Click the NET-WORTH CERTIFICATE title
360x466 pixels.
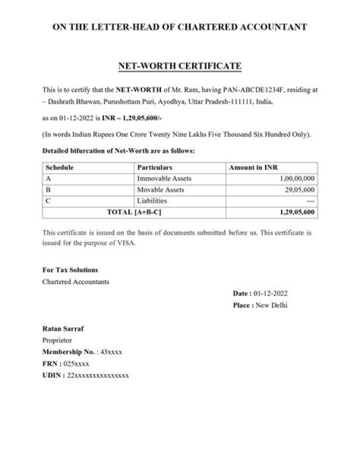179,66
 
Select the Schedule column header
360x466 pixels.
59,168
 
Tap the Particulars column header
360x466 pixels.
154,168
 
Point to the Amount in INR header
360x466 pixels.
253,168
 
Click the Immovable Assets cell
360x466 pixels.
164,179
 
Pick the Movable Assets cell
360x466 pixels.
160,190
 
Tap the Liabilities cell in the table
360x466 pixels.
152,201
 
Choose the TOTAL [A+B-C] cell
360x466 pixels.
134,212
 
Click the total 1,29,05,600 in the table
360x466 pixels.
295,212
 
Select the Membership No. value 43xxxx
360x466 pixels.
111,352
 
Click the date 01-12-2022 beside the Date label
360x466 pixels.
270,293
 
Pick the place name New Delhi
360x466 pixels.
271,305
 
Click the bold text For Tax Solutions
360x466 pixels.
70,270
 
